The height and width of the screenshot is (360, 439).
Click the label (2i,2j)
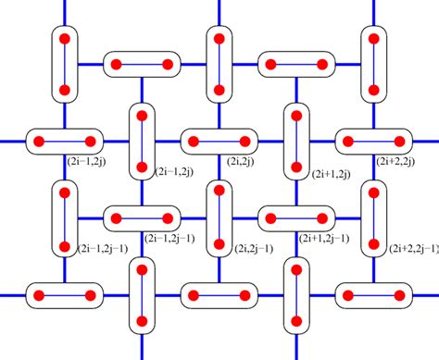(239, 160)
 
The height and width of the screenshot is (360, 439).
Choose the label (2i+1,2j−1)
(324, 237)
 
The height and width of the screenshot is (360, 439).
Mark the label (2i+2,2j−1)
(413, 248)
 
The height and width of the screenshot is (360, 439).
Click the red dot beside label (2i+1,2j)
(295, 168)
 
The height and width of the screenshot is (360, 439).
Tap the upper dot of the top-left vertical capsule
(65, 41)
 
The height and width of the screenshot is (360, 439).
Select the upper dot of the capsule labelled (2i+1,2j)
(295, 118)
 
